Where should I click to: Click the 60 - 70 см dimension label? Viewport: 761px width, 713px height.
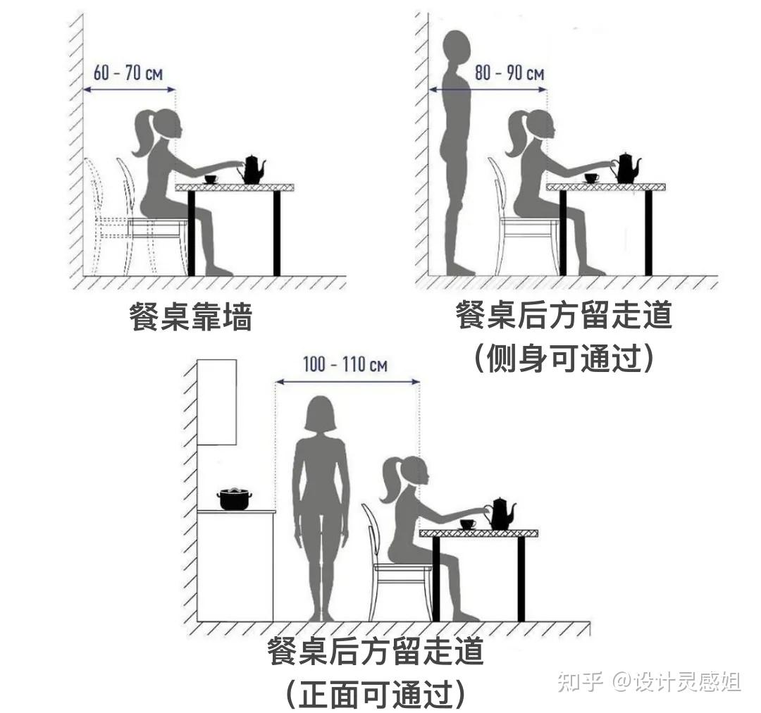coord(128,73)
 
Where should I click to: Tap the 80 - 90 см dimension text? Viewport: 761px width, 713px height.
coord(509,73)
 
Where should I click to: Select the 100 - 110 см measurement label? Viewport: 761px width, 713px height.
coord(345,364)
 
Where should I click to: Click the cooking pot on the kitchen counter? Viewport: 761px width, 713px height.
coord(235,499)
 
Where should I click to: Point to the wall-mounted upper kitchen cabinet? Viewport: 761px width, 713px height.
coord(216,402)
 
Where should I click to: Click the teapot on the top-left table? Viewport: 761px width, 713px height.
coord(252,169)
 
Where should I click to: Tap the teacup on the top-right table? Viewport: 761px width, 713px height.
coord(592,178)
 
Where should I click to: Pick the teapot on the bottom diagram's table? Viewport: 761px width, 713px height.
coord(500,514)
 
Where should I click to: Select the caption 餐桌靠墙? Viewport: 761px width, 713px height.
coord(191,317)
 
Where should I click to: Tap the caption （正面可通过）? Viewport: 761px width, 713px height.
coord(375,694)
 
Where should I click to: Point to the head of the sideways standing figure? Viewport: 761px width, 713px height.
coord(457,49)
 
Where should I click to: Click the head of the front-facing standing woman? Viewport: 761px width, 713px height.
coord(320,414)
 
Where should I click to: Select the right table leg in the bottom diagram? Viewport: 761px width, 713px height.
coord(521,579)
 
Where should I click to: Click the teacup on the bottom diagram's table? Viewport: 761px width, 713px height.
coord(468,524)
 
